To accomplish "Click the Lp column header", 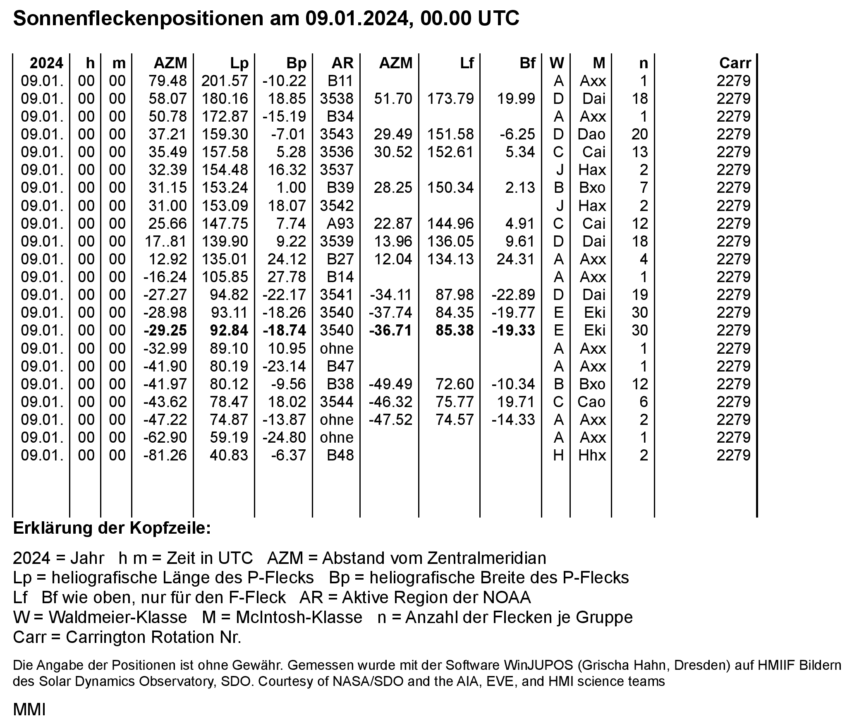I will click(x=239, y=63).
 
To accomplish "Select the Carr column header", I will click(x=735, y=63).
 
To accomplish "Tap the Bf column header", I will click(x=527, y=63).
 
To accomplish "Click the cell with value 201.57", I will click(x=225, y=81).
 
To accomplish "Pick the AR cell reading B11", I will click(x=340, y=81).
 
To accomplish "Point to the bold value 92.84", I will click(x=229, y=331).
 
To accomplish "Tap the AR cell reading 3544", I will click(x=337, y=402).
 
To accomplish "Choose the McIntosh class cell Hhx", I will click(x=592, y=455).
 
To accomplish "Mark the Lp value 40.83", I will click(x=229, y=455).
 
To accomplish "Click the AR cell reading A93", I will click(x=340, y=223).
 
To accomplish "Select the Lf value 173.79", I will click(x=450, y=98).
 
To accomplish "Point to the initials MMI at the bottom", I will click(x=29, y=710).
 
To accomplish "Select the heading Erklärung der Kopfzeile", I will click(x=112, y=528).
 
